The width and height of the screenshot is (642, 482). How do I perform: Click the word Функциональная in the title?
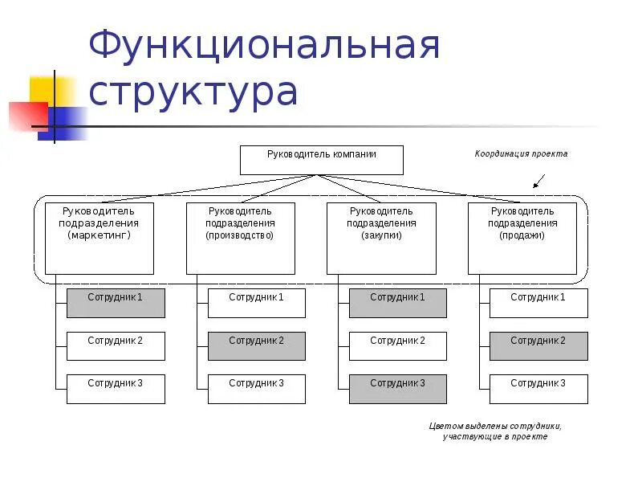click(265, 47)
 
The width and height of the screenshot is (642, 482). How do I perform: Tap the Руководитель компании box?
click(322, 160)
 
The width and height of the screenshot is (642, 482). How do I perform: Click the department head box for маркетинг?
click(100, 238)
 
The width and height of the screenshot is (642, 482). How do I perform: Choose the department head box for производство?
click(240, 238)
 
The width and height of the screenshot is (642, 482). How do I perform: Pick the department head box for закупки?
click(381, 238)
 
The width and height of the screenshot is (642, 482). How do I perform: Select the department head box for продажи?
click(522, 238)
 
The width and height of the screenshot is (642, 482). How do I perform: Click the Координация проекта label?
click(521, 153)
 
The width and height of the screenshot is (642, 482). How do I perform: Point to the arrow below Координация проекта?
click(539, 181)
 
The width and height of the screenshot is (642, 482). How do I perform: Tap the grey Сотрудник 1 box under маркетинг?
click(116, 303)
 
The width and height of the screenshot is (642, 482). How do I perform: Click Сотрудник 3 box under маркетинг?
click(116, 389)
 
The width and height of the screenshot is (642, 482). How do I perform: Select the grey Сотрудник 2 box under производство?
click(257, 346)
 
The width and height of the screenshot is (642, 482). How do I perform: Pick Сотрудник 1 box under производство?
click(257, 303)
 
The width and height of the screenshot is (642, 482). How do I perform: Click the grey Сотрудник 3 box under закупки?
click(398, 389)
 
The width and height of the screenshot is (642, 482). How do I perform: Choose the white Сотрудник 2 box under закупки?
click(398, 346)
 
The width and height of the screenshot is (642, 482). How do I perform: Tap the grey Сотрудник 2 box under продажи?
click(538, 346)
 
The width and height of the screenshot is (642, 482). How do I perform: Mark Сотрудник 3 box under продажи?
click(538, 389)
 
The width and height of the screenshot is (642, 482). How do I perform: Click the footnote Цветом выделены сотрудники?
click(495, 431)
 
